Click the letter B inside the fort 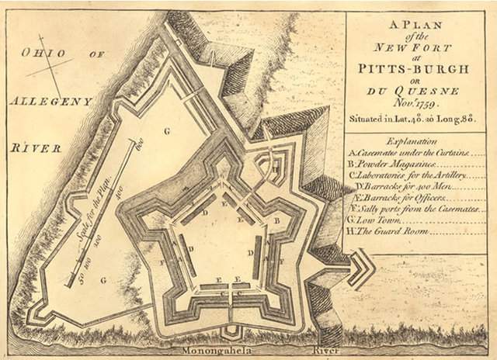click(276, 220)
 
